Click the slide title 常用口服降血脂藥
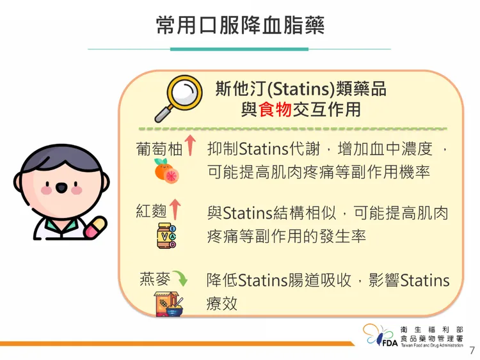(x=240, y=25)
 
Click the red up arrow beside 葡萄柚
(x=189, y=145)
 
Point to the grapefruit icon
(x=166, y=171)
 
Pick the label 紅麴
(x=150, y=210)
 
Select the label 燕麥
(x=154, y=279)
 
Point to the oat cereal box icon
(x=168, y=304)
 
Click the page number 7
(x=472, y=350)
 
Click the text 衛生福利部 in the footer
(x=431, y=328)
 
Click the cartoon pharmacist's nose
(x=61, y=188)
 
